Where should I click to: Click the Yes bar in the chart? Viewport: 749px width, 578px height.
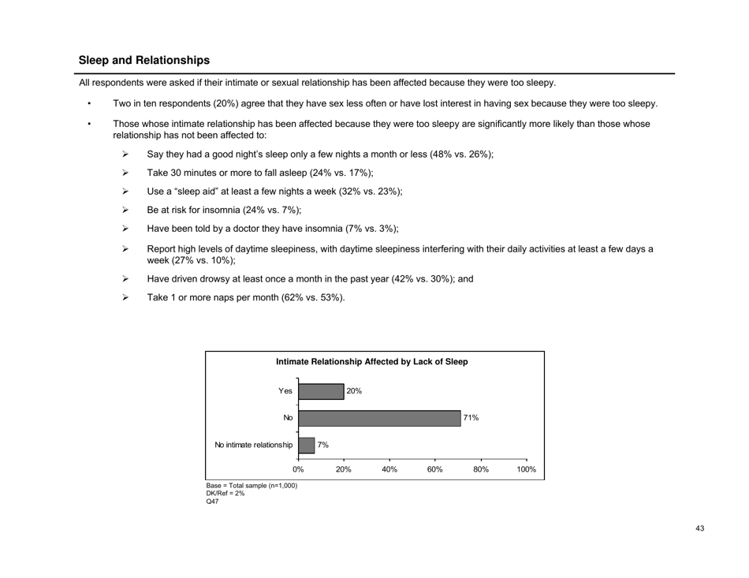click(x=321, y=392)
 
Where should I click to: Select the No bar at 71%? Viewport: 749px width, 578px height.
click(x=378, y=418)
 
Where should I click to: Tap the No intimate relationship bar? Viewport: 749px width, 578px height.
click(x=306, y=445)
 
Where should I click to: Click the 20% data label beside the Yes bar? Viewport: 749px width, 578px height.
click(x=354, y=391)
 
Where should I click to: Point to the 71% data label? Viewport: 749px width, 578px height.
click(x=471, y=418)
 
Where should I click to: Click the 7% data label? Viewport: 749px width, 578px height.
click(x=323, y=445)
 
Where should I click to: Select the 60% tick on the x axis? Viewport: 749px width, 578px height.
click(x=435, y=469)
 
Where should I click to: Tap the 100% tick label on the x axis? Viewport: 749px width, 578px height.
click(x=526, y=469)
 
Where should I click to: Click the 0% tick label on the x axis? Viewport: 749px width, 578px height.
click(x=298, y=469)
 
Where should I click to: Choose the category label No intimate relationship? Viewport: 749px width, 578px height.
click(x=253, y=445)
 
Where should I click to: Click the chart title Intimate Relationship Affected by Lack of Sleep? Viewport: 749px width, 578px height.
click(x=371, y=362)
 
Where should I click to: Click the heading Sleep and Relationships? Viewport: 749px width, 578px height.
click(x=144, y=60)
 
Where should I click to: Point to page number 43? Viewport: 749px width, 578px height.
click(x=700, y=528)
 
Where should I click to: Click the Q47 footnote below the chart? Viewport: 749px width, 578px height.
click(x=211, y=502)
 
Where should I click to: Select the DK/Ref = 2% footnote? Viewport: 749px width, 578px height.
click(x=225, y=494)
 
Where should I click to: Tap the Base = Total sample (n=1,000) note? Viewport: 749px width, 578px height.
click(x=251, y=486)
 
